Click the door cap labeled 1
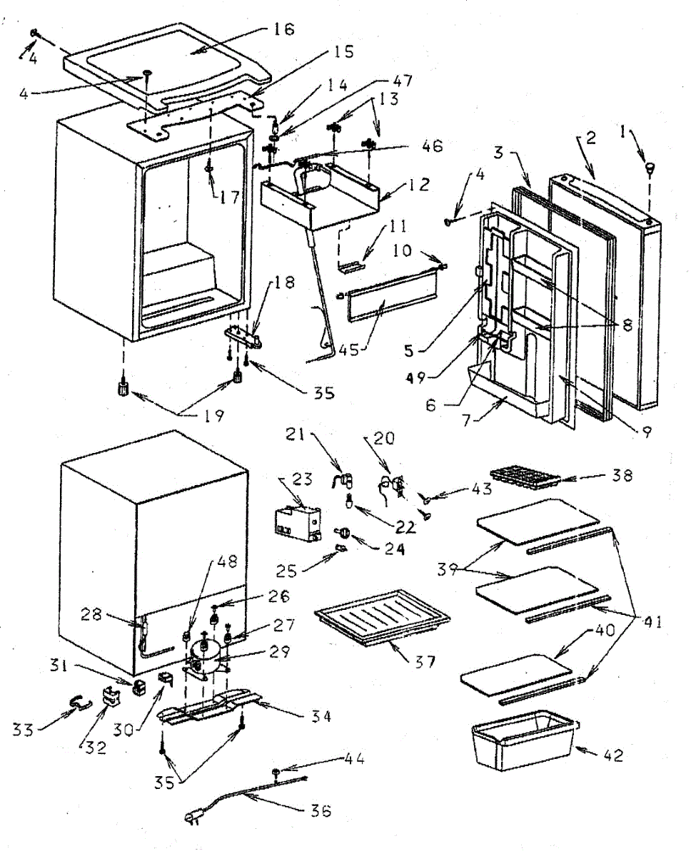pos(650,168)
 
